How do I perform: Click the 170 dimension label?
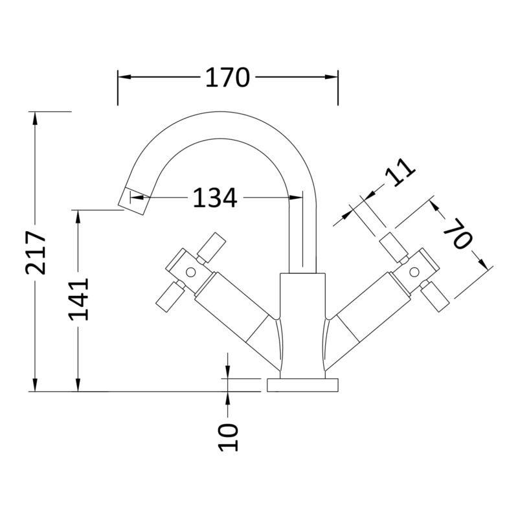pyautogui.click(x=227, y=78)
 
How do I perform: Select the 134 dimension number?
pyautogui.click(x=215, y=198)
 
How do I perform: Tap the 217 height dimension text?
pyautogui.click(x=36, y=253)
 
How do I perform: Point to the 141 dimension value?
pyautogui.click(x=78, y=299)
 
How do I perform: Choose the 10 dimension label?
pyautogui.click(x=229, y=437)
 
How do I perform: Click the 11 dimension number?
pyautogui.click(x=401, y=172)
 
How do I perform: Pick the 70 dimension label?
pyautogui.click(x=458, y=234)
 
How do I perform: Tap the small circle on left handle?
pyautogui.click(x=190, y=272)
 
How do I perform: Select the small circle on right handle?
pyautogui.click(x=414, y=272)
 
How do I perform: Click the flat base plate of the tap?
pyautogui.click(x=302, y=385)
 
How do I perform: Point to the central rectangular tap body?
pyautogui.click(x=302, y=326)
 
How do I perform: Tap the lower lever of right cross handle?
pyautogui.click(x=434, y=297)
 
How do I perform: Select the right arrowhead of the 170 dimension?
pyautogui.click(x=332, y=77)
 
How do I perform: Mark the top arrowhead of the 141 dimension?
pyautogui.click(x=78, y=217)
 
